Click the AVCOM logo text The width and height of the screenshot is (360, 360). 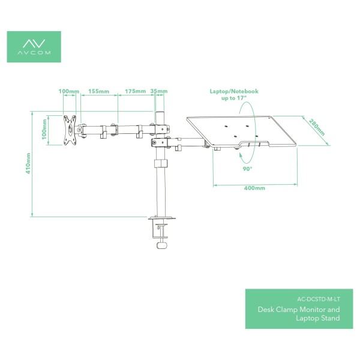pos(34,53)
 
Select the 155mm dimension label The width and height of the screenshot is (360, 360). pos(99,91)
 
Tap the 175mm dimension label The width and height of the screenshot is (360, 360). pos(135,91)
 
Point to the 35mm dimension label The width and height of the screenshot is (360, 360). pos(159,91)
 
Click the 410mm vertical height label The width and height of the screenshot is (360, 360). pos(28,163)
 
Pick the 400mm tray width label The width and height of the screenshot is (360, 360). pos(254,188)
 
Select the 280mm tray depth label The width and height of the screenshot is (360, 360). pos(317,127)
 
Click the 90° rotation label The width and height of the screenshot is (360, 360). pos(247,169)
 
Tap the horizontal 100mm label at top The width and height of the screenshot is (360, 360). pos(69,91)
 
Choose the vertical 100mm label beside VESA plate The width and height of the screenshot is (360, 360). pos(44,129)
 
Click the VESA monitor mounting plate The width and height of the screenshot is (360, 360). pos(70,130)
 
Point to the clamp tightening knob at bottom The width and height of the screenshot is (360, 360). pos(162,245)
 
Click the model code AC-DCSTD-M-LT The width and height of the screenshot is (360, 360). pos(319,299)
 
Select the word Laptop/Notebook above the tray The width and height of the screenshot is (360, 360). pos(234,91)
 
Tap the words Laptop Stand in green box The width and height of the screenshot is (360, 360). pos(318,318)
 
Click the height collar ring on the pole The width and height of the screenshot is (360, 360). pos(161,163)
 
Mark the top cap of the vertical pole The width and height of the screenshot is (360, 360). pos(160,113)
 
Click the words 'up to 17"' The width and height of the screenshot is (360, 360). pos(234,98)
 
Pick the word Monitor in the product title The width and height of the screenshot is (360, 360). pos(313,310)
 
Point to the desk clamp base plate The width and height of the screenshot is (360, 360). pos(162,217)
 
